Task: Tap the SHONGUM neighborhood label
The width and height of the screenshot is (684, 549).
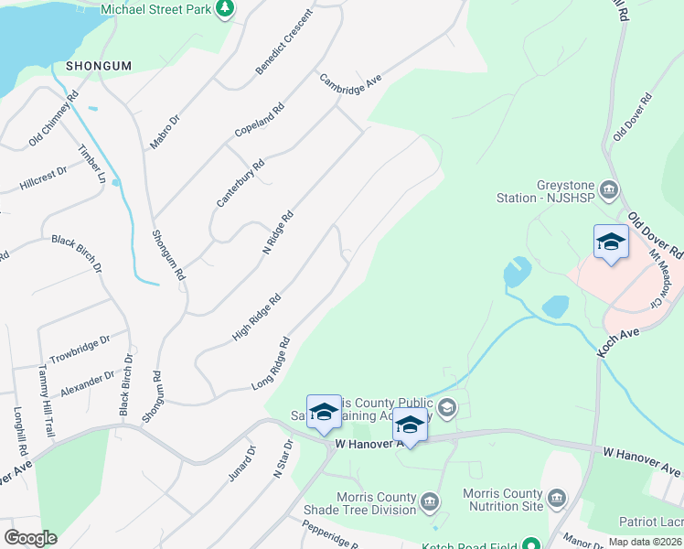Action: click(x=99, y=66)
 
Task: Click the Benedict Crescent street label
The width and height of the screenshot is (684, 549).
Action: click(x=283, y=43)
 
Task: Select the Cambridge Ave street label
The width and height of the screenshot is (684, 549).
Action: click(x=350, y=92)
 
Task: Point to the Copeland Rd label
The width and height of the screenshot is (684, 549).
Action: click(x=260, y=119)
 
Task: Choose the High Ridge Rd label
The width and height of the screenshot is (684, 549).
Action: click(x=256, y=318)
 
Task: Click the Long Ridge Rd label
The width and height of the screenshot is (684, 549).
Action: click(x=271, y=364)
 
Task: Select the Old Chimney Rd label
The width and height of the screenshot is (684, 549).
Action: click(x=54, y=118)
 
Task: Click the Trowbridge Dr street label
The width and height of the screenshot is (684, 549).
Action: click(x=80, y=348)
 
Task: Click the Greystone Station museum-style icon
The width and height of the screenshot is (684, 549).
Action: click(x=610, y=190)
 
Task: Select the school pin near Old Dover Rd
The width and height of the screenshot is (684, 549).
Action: click(x=611, y=242)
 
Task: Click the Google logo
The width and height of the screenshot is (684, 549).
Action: click(x=30, y=538)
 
